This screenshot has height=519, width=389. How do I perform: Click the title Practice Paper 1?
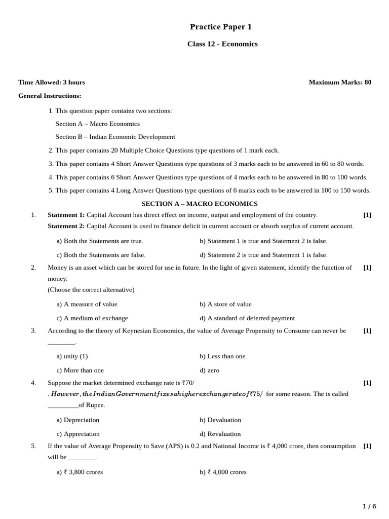(220, 27)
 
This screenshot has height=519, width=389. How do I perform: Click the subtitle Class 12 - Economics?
(222, 44)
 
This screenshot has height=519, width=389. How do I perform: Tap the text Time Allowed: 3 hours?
(52, 82)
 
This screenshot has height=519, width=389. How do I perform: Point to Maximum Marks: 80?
(340, 82)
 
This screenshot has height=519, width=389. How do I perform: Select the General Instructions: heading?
(50, 96)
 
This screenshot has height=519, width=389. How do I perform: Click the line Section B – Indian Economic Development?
(115, 137)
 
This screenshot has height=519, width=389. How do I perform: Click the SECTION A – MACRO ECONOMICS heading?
(200, 204)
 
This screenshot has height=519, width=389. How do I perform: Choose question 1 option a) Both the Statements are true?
(100, 241)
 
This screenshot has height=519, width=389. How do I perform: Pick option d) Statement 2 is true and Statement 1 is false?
(263, 255)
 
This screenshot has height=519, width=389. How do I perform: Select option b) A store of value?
(225, 304)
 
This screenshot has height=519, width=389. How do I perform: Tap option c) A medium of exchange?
(92, 318)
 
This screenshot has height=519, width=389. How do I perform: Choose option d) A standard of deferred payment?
(247, 318)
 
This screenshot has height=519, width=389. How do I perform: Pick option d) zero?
(210, 370)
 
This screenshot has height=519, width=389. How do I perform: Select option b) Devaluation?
(220, 420)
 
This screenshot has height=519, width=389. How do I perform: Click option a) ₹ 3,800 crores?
(80, 472)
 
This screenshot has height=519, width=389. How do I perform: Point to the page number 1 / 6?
(370, 506)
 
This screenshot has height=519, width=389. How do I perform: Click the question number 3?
(33, 330)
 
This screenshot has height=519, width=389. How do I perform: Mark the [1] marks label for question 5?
(367, 446)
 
